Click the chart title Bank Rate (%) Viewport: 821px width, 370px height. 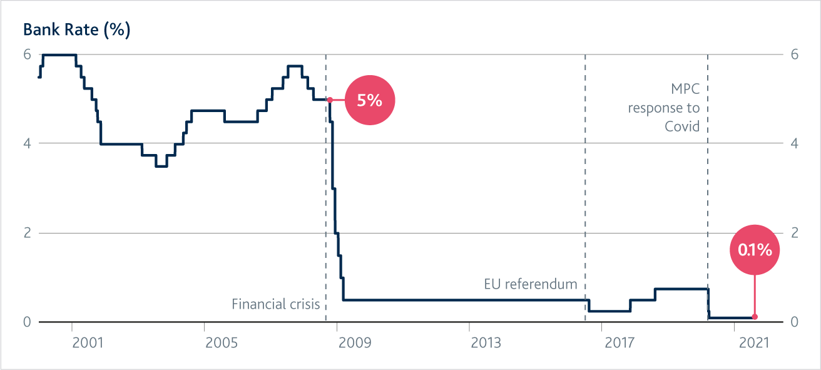[x=76, y=30]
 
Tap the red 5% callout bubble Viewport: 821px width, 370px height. [x=369, y=100]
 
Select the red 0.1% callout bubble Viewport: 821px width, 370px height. [x=754, y=250]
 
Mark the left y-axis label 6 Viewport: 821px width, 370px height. [x=28, y=54]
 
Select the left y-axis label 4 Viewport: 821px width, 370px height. [x=28, y=143]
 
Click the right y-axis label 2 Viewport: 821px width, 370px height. [x=794, y=233]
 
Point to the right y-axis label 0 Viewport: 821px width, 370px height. [x=794, y=322]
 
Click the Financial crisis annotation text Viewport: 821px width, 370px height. [x=276, y=304]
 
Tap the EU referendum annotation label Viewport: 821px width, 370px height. [x=531, y=284]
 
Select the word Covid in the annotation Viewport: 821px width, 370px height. [x=682, y=127]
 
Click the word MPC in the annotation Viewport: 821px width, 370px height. [x=685, y=89]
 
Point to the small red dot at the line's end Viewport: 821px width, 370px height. [x=755, y=317]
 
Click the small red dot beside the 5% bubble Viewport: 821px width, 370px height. [x=330, y=100]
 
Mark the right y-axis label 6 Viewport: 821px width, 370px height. [x=794, y=54]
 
